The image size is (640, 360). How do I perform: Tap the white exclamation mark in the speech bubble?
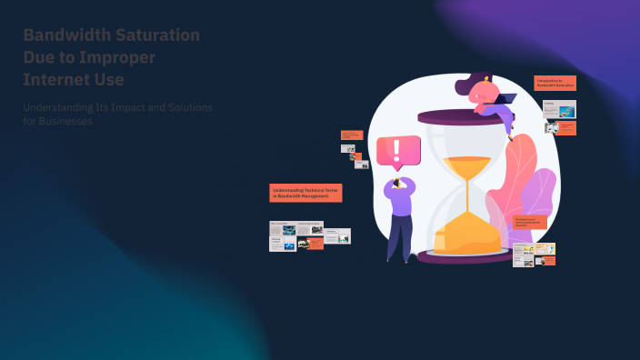[397, 150]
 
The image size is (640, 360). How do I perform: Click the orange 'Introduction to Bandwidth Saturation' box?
[555, 83]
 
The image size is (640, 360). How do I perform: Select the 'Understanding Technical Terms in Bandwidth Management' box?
[305, 193]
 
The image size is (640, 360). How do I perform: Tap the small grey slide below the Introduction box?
[560, 109]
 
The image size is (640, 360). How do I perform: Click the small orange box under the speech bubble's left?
[352, 135]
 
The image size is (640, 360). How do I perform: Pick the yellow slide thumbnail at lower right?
[545, 248]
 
